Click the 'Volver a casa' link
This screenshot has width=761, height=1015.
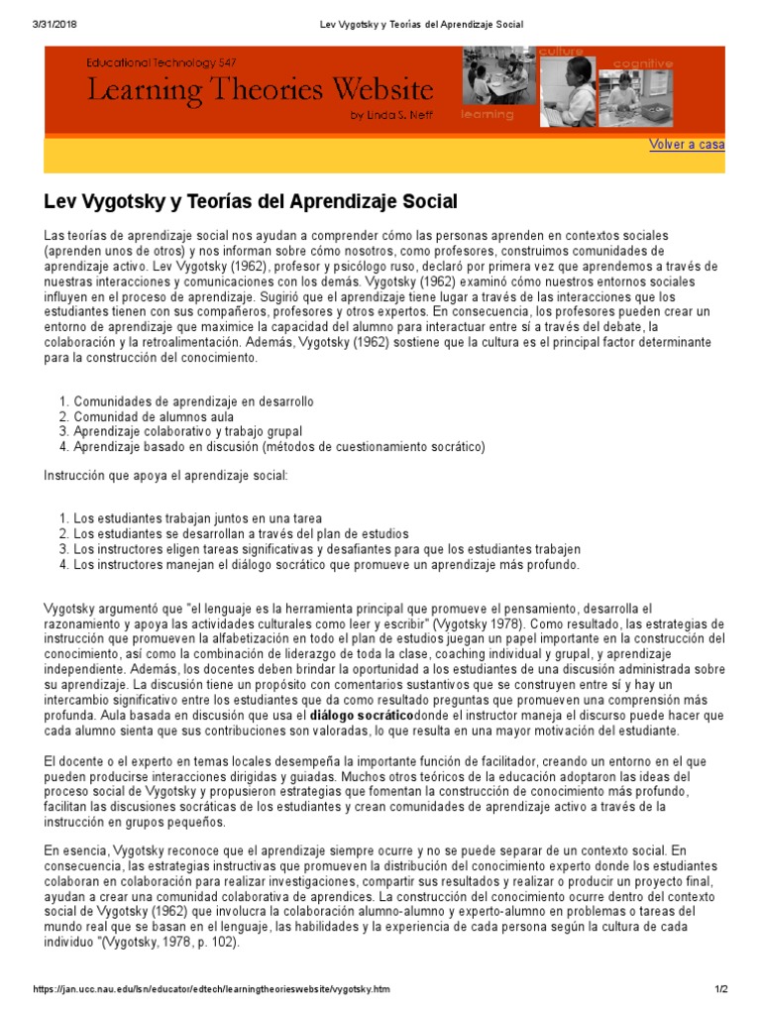click(x=686, y=145)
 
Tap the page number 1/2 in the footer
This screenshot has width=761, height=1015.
click(x=720, y=991)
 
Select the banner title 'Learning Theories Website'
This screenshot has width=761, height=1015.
click(x=261, y=91)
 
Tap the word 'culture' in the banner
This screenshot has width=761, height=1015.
click(x=561, y=52)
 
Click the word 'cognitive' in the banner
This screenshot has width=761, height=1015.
click(x=642, y=63)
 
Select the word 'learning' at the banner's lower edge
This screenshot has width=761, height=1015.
click(x=488, y=115)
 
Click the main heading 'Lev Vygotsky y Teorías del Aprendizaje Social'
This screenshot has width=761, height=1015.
click(x=251, y=202)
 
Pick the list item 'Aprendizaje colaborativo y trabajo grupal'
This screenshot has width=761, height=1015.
click(x=187, y=432)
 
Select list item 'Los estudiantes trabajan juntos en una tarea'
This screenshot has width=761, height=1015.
click(x=197, y=519)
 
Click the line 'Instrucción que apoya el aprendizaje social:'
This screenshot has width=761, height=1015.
click(x=165, y=476)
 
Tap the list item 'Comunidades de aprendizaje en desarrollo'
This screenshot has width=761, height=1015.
click(x=193, y=402)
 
